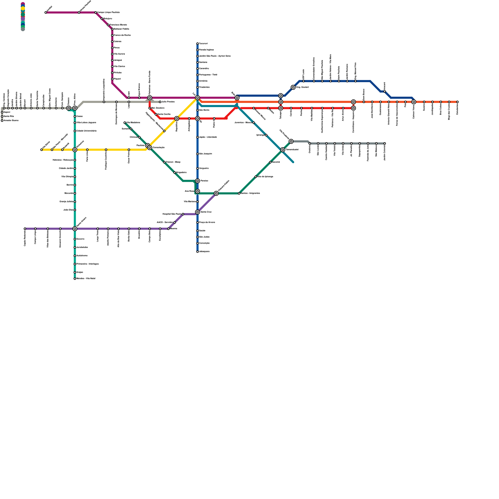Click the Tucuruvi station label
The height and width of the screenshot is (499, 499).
203,44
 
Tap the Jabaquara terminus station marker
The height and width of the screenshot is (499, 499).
197,252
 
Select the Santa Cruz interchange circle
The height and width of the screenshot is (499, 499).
197,212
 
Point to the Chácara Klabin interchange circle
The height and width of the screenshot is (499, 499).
216,193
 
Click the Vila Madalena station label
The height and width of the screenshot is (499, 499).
133,123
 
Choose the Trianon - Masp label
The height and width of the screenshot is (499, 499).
173,162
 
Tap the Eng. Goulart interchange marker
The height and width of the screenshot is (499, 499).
293,87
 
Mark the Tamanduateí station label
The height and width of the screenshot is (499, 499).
292,150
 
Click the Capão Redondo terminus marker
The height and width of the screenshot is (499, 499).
25,229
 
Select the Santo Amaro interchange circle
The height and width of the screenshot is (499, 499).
75,229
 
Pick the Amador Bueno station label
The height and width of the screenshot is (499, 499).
11,120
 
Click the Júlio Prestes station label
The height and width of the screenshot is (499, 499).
168,102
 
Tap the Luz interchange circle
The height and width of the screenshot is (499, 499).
197,98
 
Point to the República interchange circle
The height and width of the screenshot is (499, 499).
177,119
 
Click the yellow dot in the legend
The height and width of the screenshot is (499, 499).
23,8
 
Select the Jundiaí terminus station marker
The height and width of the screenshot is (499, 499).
46,12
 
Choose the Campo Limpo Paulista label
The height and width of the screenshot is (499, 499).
108,12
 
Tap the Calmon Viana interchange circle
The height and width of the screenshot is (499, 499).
414,102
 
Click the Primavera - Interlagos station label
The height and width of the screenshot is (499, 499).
87,264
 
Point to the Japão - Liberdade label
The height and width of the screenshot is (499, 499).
208,137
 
